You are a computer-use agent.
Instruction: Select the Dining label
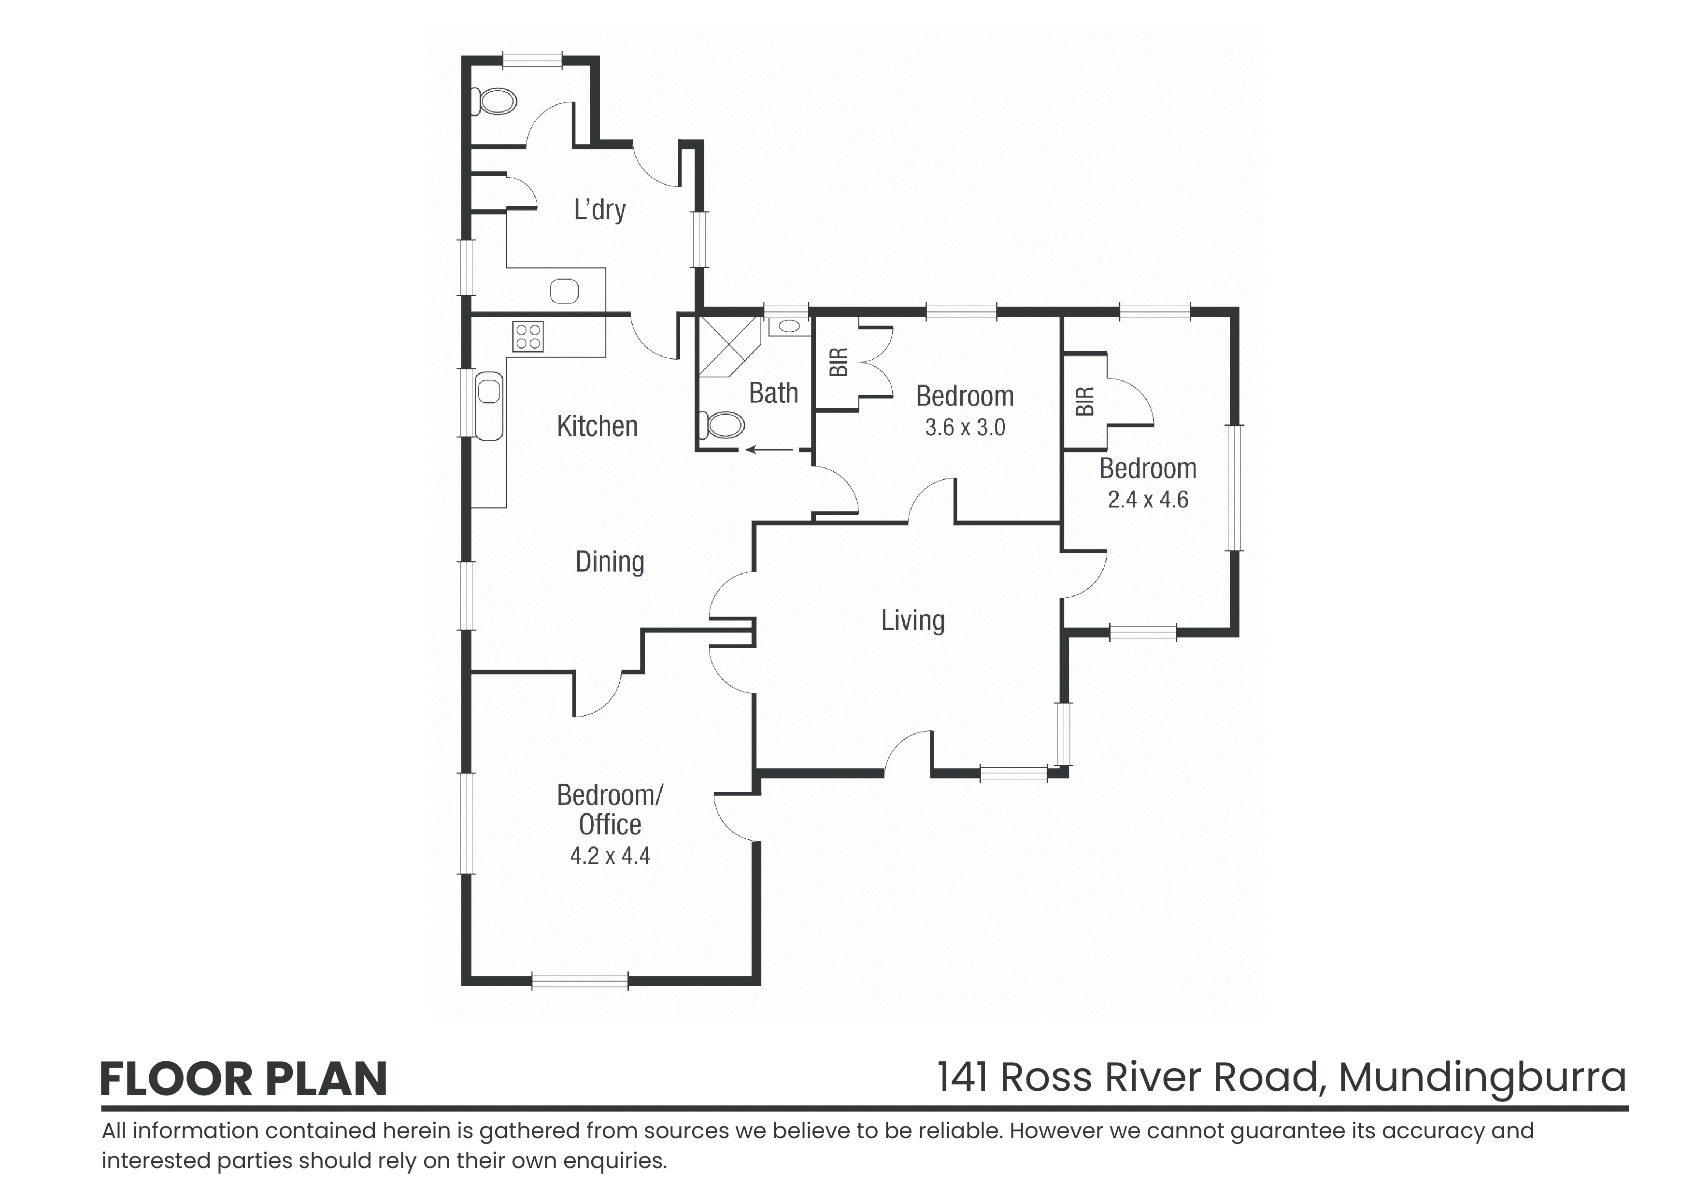point(610,563)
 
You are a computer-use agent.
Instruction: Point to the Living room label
point(912,621)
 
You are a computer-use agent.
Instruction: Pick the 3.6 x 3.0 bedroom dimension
point(965,427)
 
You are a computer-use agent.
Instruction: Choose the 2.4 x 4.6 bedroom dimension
point(1148,500)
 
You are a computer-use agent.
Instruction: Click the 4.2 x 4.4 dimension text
point(610,856)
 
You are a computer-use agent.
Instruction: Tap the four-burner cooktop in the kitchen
point(528,337)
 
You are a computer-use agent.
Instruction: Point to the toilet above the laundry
point(494,101)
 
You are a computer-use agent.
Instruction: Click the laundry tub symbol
point(564,291)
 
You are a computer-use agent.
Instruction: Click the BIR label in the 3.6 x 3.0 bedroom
point(839,363)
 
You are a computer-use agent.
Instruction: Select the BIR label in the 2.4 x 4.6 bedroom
point(1084,402)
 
